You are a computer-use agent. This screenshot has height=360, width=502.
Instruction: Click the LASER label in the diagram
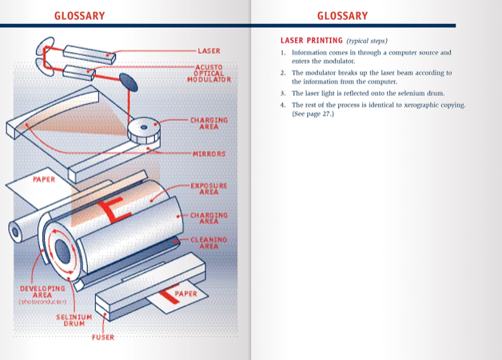click(209, 51)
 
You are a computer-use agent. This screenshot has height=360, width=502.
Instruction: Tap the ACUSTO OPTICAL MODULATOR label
click(209, 74)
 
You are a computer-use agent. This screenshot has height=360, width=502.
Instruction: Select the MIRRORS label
click(209, 154)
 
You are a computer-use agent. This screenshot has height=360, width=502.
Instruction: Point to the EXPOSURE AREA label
click(208, 189)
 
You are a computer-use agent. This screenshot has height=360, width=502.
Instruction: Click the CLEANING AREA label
click(208, 243)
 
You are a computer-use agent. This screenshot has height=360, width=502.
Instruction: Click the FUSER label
click(103, 338)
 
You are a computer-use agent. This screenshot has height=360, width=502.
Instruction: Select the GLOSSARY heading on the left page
click(78, 15)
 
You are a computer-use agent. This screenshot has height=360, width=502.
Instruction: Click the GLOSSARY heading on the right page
click(342, 15)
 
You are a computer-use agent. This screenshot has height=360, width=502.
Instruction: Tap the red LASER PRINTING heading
click(311, 40)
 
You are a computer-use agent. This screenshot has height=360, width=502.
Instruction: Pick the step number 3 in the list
click(283, 93)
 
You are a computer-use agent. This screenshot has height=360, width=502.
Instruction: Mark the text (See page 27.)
click(313, 114)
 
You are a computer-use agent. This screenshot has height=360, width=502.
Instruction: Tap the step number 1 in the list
click(283, 53)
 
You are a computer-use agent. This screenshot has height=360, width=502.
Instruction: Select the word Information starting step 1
click(313, 53)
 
